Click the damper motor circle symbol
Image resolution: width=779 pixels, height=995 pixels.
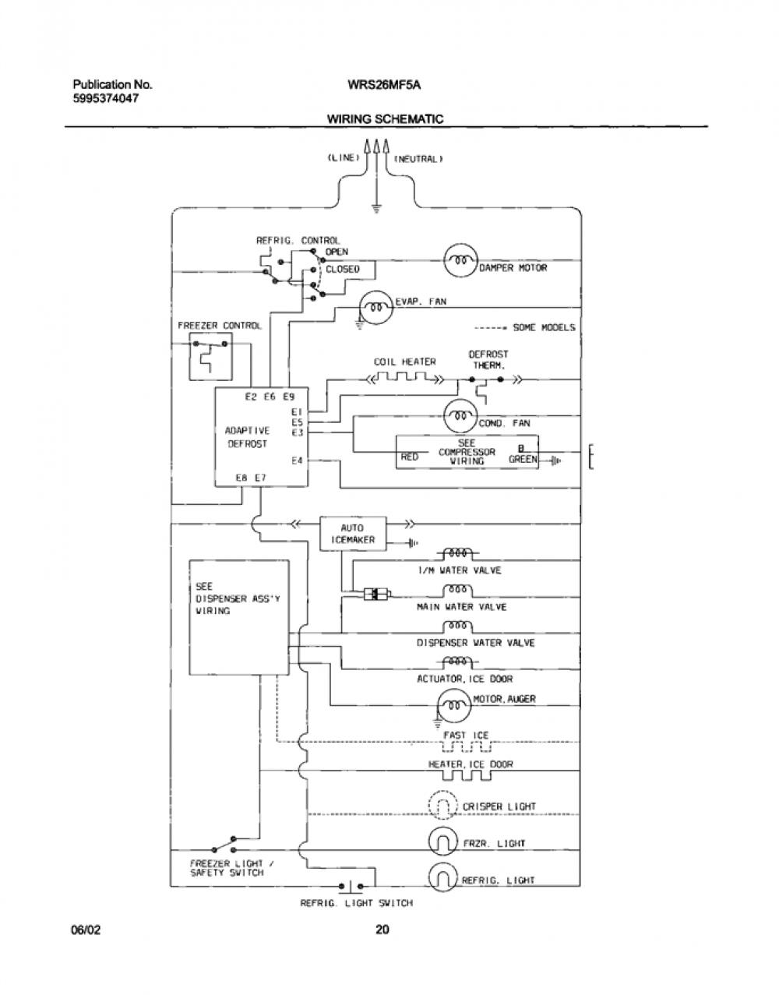(461, 260)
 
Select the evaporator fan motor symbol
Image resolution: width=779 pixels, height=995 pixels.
(376, 307)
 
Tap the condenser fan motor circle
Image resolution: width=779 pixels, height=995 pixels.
(461, 416)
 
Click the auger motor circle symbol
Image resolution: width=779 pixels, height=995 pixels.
(454, 704)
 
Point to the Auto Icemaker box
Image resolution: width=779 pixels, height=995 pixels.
(352, 534)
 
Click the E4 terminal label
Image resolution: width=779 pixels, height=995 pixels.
(297, 460)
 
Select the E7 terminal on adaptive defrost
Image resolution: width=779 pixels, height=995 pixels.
(260, 478)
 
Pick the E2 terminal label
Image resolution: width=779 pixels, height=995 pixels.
(251, 397)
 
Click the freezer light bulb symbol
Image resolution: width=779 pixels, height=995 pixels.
(442, 842)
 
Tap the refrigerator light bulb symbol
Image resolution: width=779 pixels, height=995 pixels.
(442, 877)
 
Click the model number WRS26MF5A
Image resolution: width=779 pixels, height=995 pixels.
(384, 85)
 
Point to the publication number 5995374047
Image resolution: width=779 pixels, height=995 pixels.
(106, 98)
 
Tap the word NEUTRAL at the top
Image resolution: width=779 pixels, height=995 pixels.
(418, 159)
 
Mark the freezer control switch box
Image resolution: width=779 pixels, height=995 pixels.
(210, 356)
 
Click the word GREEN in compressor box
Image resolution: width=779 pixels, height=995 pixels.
(523, 459)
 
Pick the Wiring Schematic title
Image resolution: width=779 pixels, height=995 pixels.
(385, 119)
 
